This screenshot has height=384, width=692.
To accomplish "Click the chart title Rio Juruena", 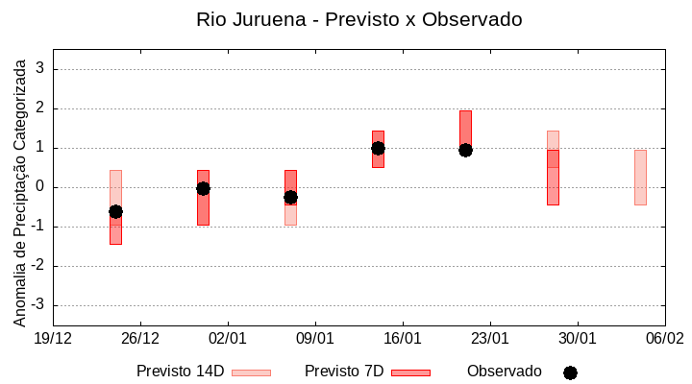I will coord(358,19).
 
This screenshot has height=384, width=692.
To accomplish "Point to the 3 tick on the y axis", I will coord(40,69).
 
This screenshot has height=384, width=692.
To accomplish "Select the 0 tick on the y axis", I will coord(40,187).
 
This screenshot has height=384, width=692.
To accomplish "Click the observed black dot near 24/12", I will coord(115,211).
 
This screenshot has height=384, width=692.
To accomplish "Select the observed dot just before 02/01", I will coord(203,188).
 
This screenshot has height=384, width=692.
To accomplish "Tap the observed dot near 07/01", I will coord(290,197).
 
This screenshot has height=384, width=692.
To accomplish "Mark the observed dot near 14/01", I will coord(378,148).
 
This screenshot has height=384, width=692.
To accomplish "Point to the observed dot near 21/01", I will coord(465,150).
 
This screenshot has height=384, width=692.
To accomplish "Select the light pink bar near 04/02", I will coord(640,178).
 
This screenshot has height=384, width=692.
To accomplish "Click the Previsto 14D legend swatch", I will coord(251,372).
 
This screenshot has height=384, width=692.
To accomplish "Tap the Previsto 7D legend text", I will coord(344,372).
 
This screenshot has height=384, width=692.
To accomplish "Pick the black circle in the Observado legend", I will coord(570,372).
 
